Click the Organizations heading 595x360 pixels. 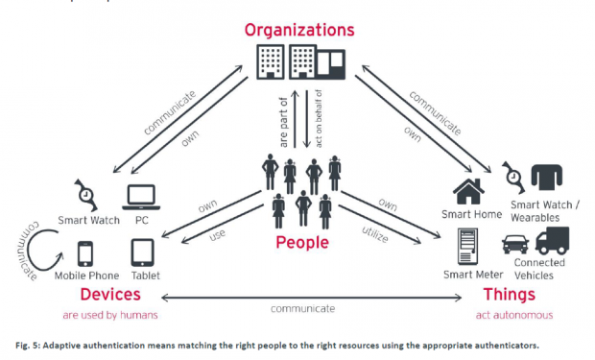pos(299,30)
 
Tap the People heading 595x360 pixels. pos(302,243)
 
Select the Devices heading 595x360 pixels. pos(110,295)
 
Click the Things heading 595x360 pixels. pos(510,295)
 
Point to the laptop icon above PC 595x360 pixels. pos(141,198)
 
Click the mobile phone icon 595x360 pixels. pos(85,253)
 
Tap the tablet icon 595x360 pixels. pos(142,252)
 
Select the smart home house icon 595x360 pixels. pos(468,191)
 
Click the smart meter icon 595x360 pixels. pos(467,247)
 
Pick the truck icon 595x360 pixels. pos(553,240)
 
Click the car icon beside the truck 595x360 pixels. pos(515,244)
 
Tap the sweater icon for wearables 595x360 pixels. pos(547,177)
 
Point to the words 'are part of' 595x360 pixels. pos(283,122)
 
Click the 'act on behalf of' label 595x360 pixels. pos(319,118)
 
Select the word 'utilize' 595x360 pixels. pos(375,234)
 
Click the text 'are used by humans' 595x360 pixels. pos(110,315)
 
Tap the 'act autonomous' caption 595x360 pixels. pos(514,315)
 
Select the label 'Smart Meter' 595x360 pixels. pos(473,275)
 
